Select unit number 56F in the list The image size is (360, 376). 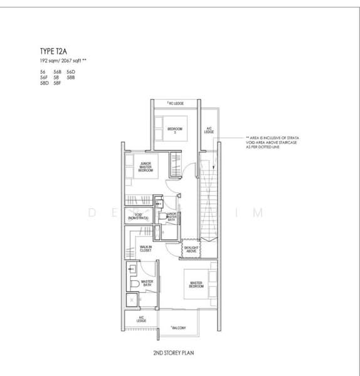coord(43,78)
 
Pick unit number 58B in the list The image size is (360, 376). coord(70,78)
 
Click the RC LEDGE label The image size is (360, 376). coord(175,103)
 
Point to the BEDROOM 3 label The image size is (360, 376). coord(175,130)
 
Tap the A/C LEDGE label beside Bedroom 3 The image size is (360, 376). coord(209,131)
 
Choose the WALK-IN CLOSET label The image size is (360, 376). coord(147,248)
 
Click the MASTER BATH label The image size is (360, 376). coord(147,284)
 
